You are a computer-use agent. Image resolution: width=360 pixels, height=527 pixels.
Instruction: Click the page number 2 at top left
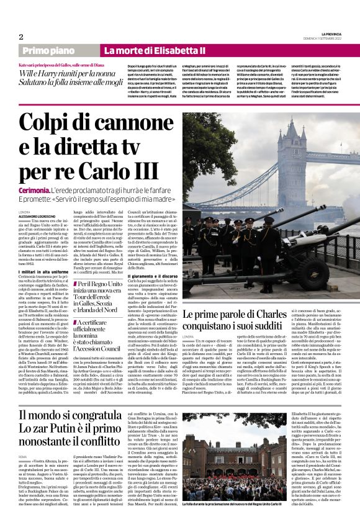[21, 37]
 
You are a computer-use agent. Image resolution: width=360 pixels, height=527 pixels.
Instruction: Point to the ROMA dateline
[23, 457]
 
